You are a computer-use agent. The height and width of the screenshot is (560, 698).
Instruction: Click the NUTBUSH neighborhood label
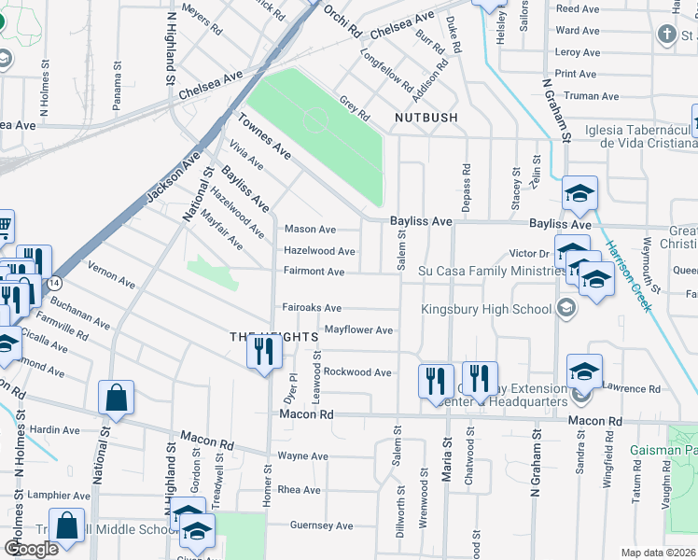pos(426,118)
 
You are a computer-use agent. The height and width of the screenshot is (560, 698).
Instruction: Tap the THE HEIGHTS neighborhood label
pos(269,336)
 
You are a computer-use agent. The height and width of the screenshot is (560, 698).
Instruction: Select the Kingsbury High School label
pos(486,309)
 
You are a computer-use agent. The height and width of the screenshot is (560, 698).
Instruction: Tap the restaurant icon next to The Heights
pos(264,351)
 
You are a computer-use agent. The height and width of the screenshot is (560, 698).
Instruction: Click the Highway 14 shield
pos(56,281)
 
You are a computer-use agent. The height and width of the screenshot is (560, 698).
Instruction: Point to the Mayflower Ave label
pos(358,330)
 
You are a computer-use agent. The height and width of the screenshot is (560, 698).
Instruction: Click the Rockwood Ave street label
pos(357,372)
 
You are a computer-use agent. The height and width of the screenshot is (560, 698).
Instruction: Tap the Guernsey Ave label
pos(321,525)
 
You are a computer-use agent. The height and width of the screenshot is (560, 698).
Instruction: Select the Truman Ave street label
pos(587,96)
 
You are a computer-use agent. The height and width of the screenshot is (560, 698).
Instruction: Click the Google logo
pos(31,549)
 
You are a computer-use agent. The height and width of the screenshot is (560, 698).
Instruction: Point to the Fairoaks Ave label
pos(312,308)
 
